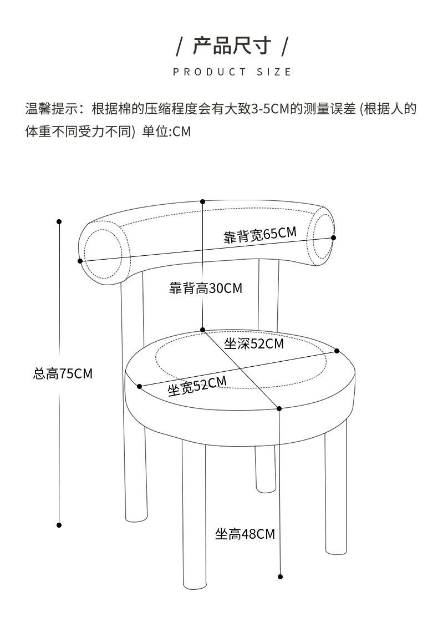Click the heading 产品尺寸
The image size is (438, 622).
[x=232, y=45]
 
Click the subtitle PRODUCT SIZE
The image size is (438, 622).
[x=232, y=72]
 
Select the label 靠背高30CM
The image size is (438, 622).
[x=206, y=289]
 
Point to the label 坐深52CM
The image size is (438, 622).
[x=253, y=344]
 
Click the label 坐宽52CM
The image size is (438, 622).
[x=197, y=386]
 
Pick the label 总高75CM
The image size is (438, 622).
[x=63, y=373]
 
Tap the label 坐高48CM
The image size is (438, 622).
[x=245, y=534]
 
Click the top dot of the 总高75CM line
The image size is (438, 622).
[x=59, y=222]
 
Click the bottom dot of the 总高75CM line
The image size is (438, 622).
[x=59, y=525]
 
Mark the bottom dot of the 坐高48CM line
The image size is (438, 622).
[x=280, y=577]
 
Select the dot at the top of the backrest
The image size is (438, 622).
[x=203, y=202]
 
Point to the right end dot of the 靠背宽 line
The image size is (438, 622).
[x=334, y=237]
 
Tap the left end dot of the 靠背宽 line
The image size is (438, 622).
[x=80, y=261]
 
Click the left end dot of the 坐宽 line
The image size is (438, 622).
[x=139, y=386]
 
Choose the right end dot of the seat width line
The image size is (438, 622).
[x=337, y=351]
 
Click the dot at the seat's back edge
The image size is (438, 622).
[x=203, y=330]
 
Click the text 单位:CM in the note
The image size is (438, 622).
[x=166, y=132]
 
